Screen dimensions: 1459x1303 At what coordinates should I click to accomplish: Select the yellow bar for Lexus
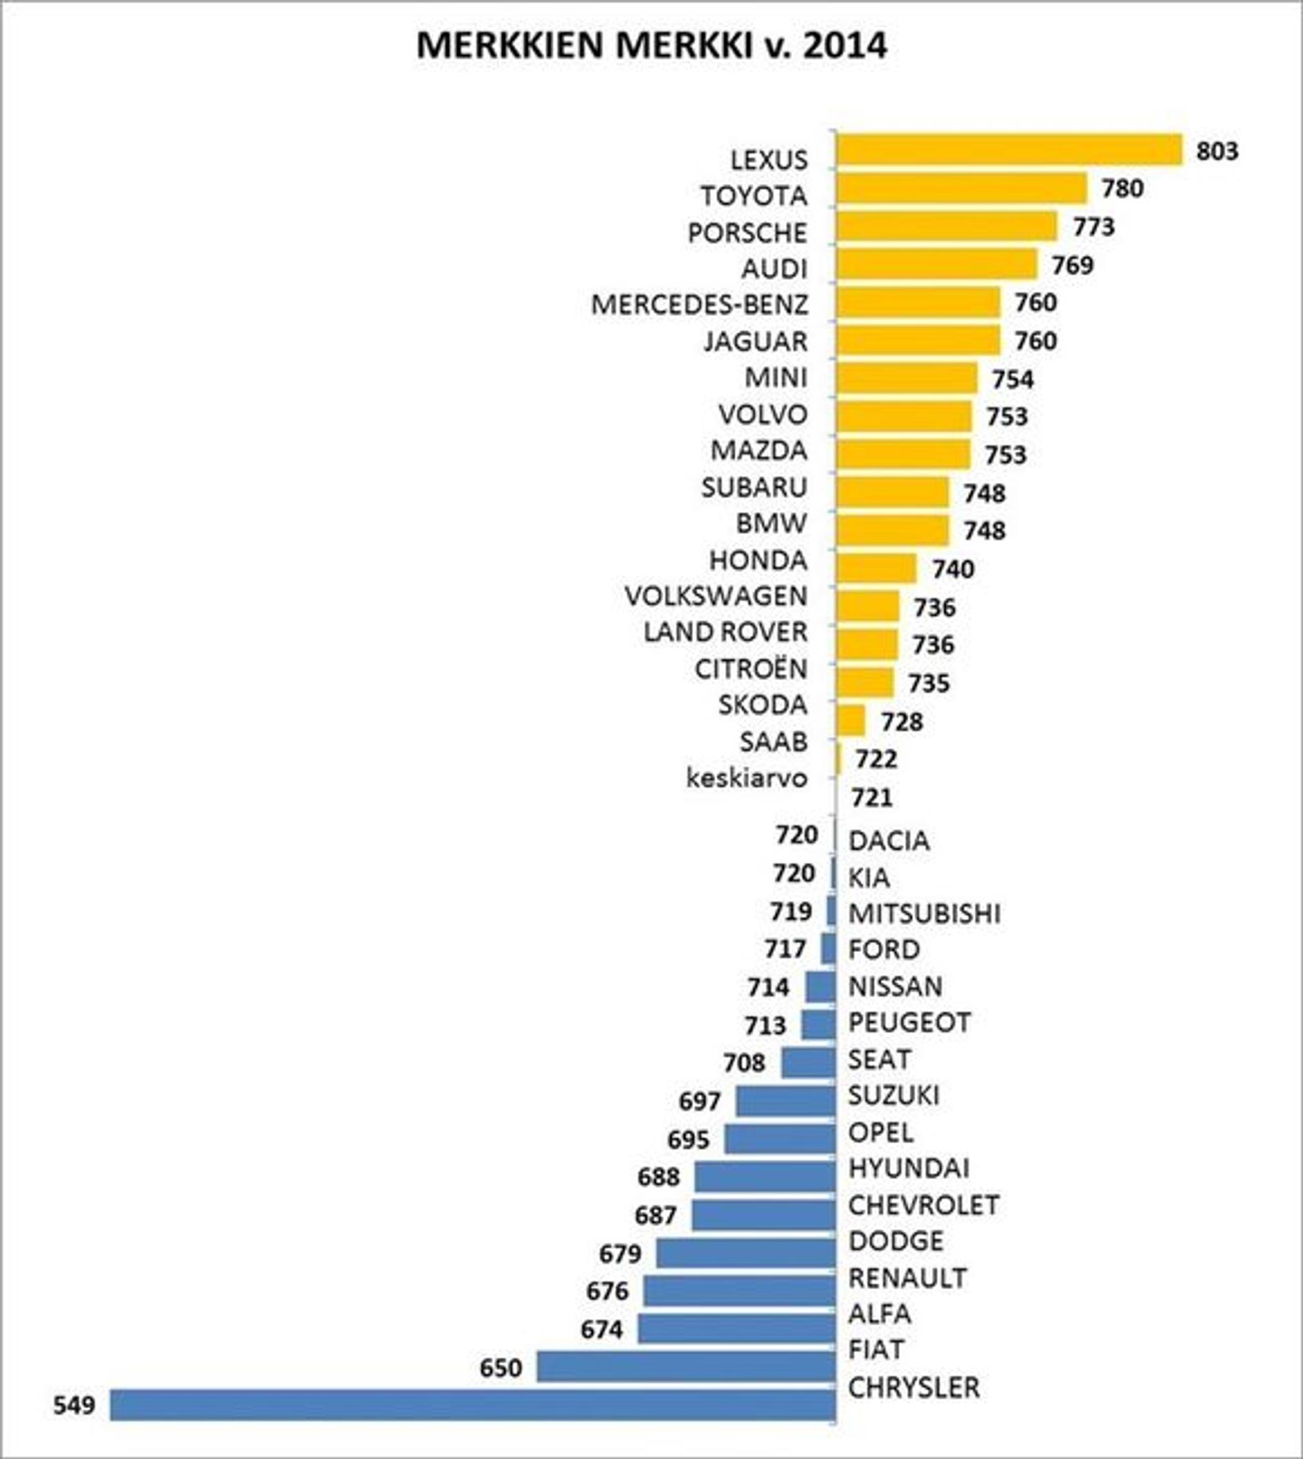[x=1009, y=150]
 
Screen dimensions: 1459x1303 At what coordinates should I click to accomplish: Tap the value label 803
[x=1217, y=151]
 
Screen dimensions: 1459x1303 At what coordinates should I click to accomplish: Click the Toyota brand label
[x=754, y=195]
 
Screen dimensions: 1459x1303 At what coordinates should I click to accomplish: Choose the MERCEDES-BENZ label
[x=700, y=305]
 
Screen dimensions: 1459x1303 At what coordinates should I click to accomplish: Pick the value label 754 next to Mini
[x=1012, y=379]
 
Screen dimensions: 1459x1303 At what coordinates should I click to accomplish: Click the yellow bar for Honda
[x=876, y=568]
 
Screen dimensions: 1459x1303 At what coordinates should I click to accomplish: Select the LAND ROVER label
[x=725, y=633]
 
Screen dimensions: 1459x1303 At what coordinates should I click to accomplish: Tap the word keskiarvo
[x=747, y=779]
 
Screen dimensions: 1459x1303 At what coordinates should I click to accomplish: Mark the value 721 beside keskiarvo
[x=871, y=797]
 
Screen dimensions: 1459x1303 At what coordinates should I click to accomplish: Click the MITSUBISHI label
[x=925, y=914]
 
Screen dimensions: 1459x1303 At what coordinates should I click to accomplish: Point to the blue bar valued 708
[x=808, y=1062]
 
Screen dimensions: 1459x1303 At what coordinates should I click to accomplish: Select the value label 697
[x=700, y=1101]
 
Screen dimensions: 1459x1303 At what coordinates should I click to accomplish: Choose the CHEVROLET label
[x=924, y=1205]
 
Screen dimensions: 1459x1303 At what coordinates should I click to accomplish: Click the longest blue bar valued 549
[x=472, y=1405]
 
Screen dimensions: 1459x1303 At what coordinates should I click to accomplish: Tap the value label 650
[x=501, y=1368]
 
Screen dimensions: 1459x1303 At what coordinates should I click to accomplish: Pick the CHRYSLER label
[x=913, y=1388]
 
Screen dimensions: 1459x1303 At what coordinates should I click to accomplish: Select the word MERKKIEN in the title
[x=509, y=46]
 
